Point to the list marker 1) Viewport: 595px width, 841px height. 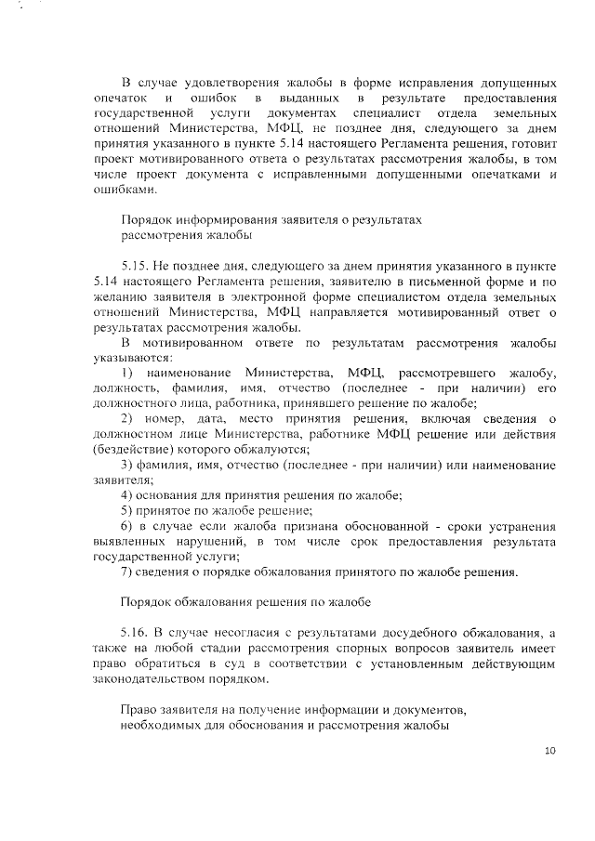[x=129, y=373]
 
